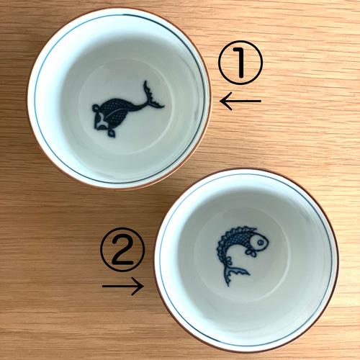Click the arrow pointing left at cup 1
(x=240, y=101)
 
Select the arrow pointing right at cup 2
(x=123, y=286)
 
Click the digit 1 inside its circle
(x=240, y=63)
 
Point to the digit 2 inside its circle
(x=122, y=250)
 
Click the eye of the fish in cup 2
(x=260, y=243)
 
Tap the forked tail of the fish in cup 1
(x=152, y=96)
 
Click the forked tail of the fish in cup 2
(x=233, y=274)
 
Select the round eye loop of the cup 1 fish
(x=95, y=108)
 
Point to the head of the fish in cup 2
(x=258, y=242)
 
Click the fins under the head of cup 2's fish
(x=251, y=253)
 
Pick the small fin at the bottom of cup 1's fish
(x=111, y=133)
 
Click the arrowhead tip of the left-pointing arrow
(x=220, y=101)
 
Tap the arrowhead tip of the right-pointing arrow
(x=144, y=286)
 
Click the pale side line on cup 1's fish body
(x=121, y=111)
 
